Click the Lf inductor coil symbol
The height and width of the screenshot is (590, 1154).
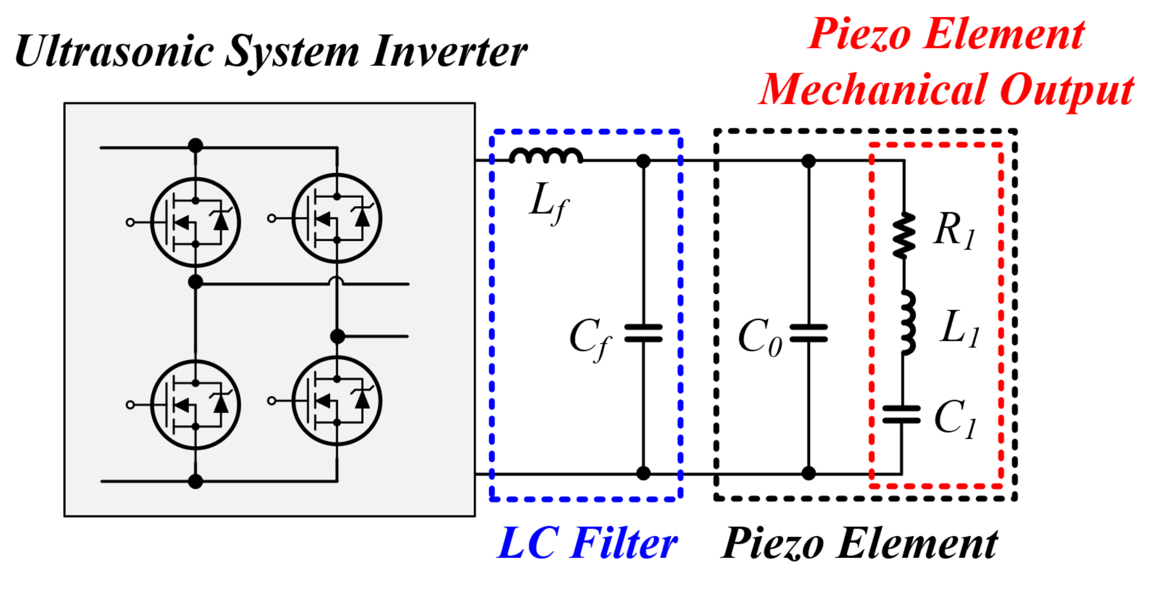[x=546, y=157]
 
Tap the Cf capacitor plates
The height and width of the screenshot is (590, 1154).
[x=643, y=333]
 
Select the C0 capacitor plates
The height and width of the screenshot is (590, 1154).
[x=808, y=333]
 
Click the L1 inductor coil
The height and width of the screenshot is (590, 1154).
[x=907, y=322]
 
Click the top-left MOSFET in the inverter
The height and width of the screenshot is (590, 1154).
[x=195, y=222]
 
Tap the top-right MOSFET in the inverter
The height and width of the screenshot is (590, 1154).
[x=337, y=218]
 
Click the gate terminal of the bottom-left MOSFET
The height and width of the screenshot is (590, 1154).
[x=130, y=404]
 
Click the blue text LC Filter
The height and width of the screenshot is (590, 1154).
[x=587, y=543]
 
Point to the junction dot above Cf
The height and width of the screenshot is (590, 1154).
[x=643, y=161]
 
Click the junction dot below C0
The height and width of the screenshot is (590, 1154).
[x=809, y=473]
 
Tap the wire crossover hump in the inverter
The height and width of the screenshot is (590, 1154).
[x=337, y=281]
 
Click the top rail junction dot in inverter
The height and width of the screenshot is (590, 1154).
[x=196, y=146]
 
